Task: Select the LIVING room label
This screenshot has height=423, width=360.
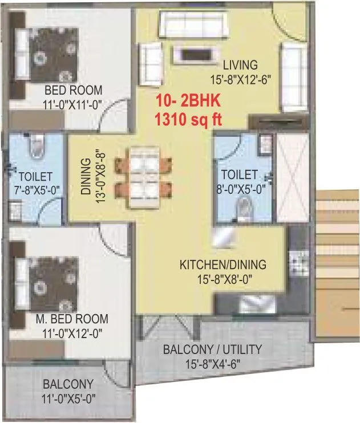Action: (240, 64)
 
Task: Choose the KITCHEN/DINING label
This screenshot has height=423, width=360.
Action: (223, 265)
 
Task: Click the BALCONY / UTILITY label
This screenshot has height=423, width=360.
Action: (212, 349)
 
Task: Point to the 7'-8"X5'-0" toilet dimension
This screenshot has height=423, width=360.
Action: (35, 189)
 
